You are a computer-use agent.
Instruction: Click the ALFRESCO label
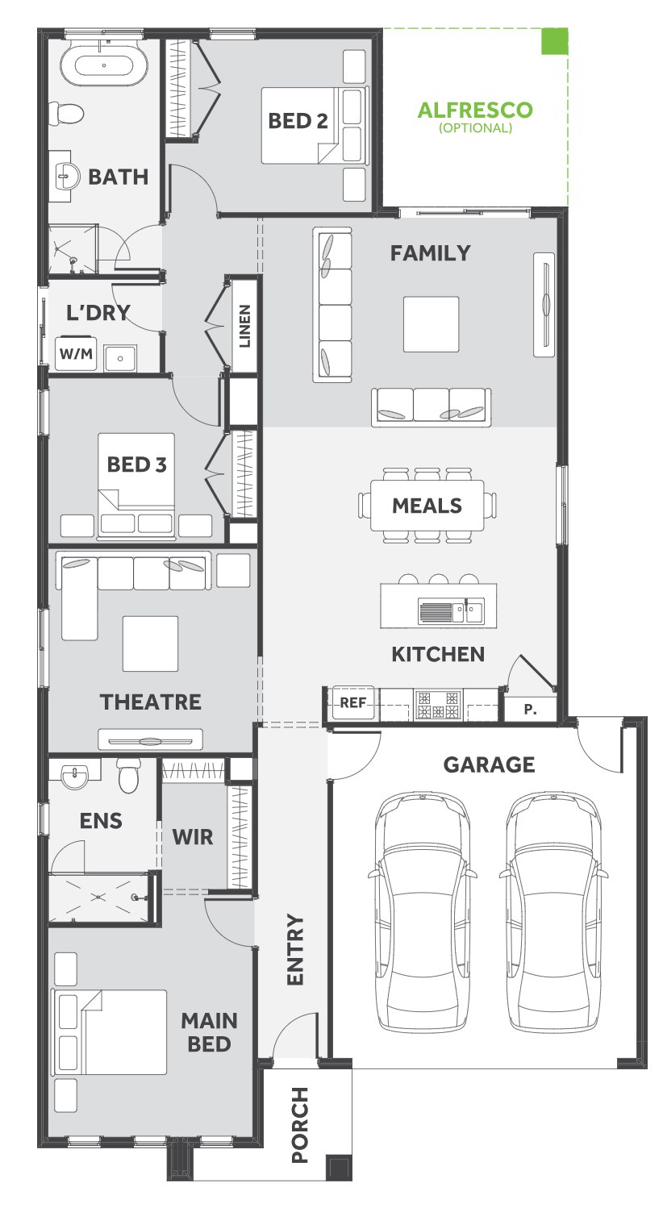(x=475, y=110)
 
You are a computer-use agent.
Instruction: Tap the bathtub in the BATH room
(x=103, y=66)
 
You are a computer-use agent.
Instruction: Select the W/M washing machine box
(x=76, y=354)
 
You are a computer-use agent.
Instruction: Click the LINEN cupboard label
(x=244, y=326)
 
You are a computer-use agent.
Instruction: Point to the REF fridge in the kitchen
(x=353, y=702)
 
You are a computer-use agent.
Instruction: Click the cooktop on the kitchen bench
(x=438, y=704)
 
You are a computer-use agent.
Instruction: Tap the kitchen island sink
(x=451, y=611)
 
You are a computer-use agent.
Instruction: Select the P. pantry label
(x=530, y=710)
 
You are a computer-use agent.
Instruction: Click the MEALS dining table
(x=427, y=506)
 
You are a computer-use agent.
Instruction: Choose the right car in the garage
(x=553, y=911)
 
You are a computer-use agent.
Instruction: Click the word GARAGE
(x=489, y=764)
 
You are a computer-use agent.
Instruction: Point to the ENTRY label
(x=295, y=949)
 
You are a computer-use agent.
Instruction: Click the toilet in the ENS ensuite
(x=128, y=775)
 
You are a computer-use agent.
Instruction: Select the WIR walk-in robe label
(x=193, y=837)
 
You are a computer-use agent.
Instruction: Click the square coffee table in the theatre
(x=151, y=644)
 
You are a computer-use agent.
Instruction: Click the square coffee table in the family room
(x=432, y=324)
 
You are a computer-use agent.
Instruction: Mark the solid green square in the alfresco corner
(x=555, y=41)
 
